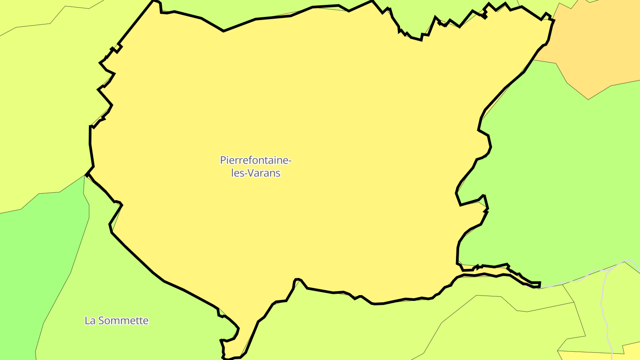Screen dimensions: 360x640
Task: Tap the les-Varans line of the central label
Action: (256, 173)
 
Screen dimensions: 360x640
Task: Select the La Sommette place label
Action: (116, 320)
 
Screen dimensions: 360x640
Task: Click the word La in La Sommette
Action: (90, 320)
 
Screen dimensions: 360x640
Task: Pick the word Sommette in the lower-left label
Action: (123, 320)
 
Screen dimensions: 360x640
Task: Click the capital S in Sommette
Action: (101, 320)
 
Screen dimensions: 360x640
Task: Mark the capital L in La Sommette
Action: (87, 320)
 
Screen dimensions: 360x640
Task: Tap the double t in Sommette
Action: (137, 320)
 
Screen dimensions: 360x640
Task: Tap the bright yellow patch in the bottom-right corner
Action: (591, 355)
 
